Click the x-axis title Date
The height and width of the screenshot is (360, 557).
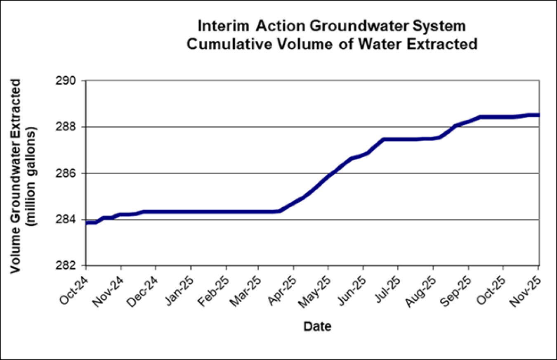[318, 327]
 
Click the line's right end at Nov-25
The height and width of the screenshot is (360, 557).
[538, 115]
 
